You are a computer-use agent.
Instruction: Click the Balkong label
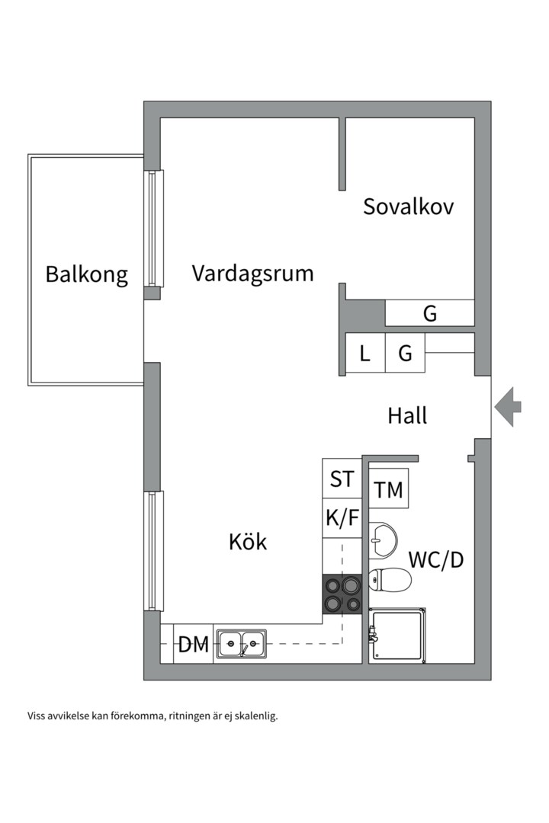(x=86, y=274)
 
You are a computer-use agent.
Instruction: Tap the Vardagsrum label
(x=252, y=274)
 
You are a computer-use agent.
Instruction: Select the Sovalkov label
(x=408, y=207)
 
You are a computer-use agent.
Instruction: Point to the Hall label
(x=407, y=416)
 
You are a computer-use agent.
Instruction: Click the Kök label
(x=248, y=542)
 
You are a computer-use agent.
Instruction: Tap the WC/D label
(x=436, y=559)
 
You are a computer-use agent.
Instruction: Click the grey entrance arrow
(x=507, y=407)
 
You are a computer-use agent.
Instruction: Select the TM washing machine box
(x=389, y=489)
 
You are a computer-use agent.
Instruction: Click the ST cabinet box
(x=342, y=479)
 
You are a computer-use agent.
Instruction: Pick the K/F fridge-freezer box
(x=342, y=519)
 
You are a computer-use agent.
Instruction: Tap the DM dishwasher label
(x=194, y=645)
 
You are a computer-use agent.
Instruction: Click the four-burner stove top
(x=341, y=594)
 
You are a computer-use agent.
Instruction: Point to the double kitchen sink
(x=241, y=644)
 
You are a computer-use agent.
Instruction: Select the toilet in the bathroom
(x=390, y=580)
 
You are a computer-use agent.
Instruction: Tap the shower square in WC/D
(x=398, y=636)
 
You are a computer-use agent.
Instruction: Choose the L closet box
(x=365, y=354)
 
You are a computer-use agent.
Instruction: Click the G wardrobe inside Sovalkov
(x=430, y=313)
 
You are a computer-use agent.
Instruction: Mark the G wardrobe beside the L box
(x=405, y=354)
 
